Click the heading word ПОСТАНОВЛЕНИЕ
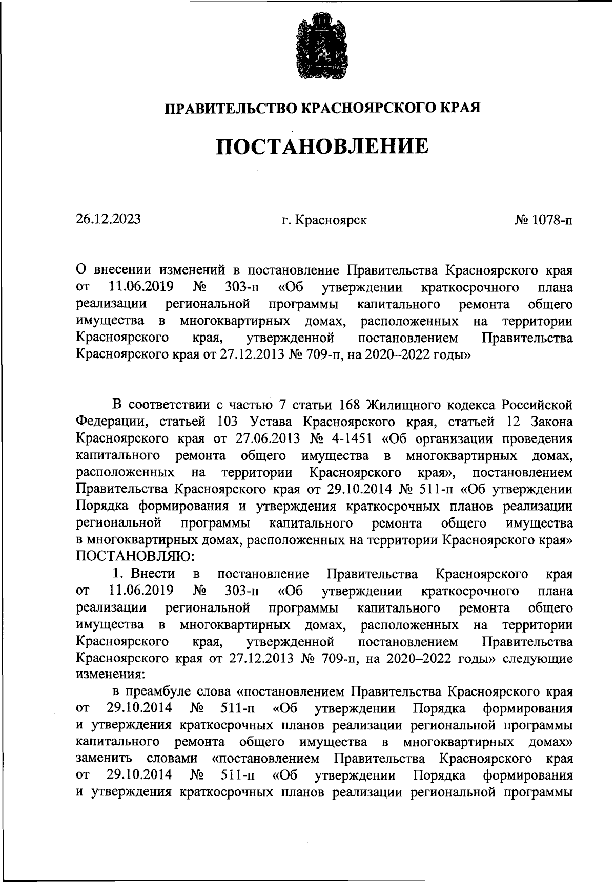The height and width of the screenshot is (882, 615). pos(321,146)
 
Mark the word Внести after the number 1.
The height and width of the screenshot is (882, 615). pos(152,573)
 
